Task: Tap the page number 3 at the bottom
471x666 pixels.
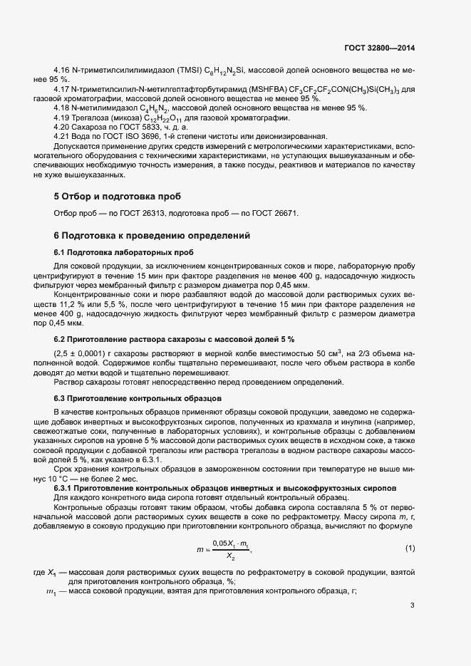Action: coord(412,606)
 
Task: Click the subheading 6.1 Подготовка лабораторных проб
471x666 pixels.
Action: coord(123,252)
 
